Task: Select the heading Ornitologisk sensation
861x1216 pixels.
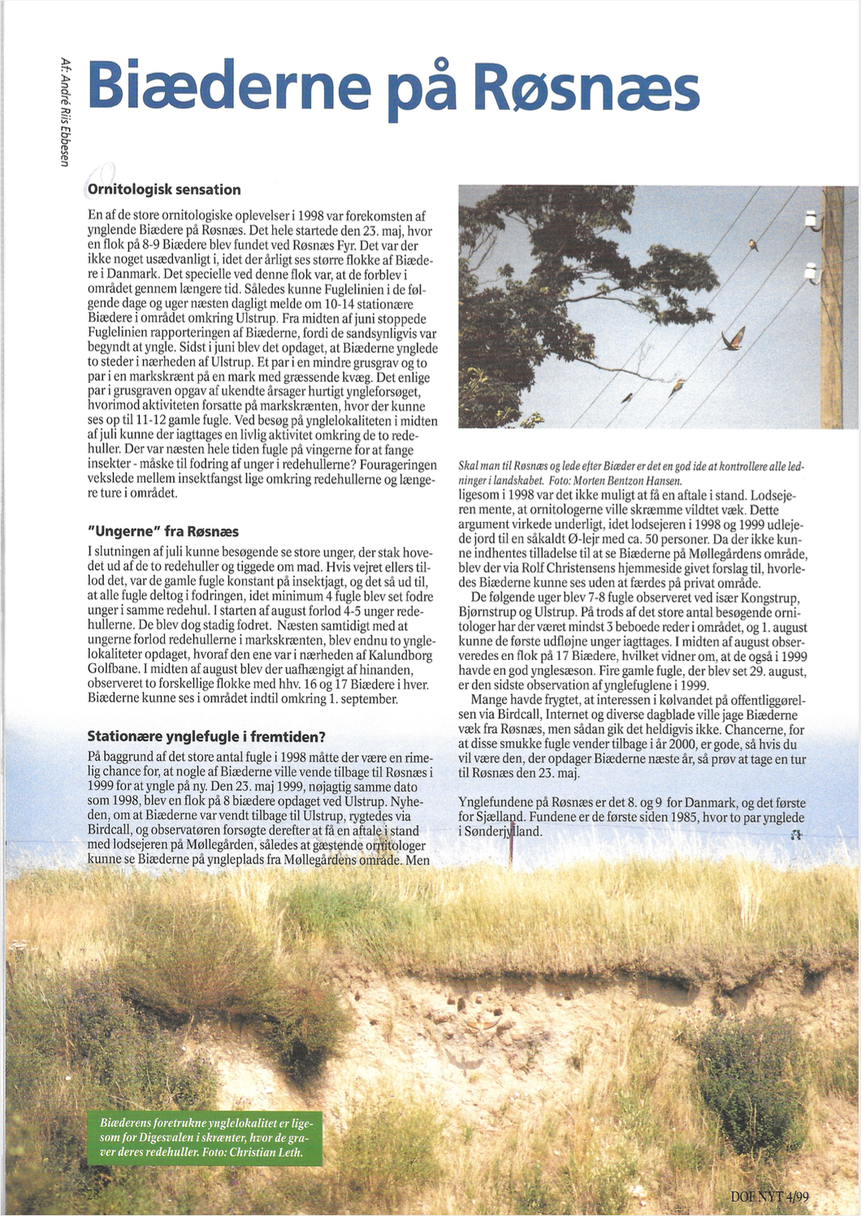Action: point(164,189)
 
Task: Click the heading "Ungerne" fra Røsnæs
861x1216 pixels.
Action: point(163,531)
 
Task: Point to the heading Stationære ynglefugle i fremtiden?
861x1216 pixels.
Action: point(206,736)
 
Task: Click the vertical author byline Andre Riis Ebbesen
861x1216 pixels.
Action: point(65,111)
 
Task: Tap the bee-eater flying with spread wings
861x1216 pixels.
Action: point(733,338)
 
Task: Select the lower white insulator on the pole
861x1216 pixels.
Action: point(811,272)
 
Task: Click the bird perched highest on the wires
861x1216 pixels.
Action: point(753,243)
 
